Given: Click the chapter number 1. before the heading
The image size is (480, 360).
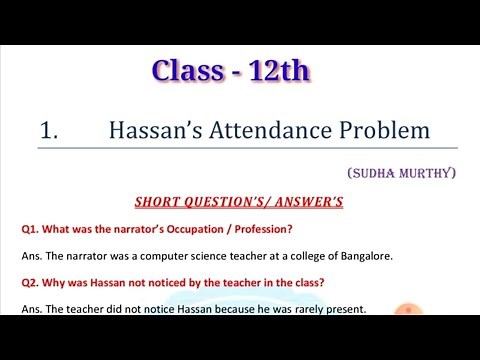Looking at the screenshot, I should coord(51,131).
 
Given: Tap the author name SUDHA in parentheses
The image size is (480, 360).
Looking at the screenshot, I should coord(379,174).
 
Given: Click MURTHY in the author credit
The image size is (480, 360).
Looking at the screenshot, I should coord(428,174).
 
